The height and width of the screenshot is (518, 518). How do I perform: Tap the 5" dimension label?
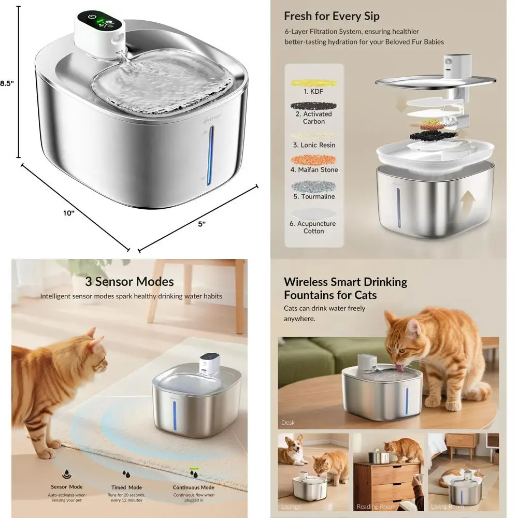pos(202,224)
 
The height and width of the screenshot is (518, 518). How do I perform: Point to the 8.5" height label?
pos(6,83)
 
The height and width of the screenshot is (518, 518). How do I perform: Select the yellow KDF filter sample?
pos(314,82)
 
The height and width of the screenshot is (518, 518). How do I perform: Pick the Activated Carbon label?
pos(314,118)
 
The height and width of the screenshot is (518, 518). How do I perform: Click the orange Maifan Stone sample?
pos(314,159)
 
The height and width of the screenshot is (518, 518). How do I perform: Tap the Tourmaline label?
pos(314,196)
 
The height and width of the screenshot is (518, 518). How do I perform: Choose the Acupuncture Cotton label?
pos(313,227)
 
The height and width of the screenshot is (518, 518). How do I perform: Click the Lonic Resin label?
pos(314,145)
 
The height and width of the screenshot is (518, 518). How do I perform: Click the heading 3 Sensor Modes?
pos(129,282)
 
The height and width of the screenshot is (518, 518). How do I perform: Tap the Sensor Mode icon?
pos(67,474)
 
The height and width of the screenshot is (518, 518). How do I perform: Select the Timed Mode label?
pos(126,487)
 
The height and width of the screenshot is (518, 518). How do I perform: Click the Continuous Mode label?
pos(193,487)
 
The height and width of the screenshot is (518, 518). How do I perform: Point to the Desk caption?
pos(288,423)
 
